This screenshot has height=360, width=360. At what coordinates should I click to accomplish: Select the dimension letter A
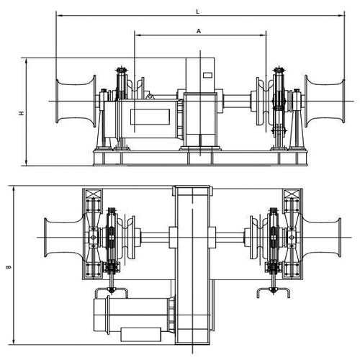[x=199, y=31]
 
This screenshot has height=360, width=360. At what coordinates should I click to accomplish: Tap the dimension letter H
[x=22, y=113]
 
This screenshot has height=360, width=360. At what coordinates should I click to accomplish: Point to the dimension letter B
[x=9, y=267]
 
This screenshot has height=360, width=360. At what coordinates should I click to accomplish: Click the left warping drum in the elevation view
[x=73, y=102]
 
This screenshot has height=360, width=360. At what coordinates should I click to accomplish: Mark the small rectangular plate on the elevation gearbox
[x=207, y=75]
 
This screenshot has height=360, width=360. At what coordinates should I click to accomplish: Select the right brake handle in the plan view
[x=273, y=291]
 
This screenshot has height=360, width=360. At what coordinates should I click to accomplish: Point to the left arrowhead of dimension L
[x=58, y=14]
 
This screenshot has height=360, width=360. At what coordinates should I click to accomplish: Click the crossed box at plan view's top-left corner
[x=94, y=195]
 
